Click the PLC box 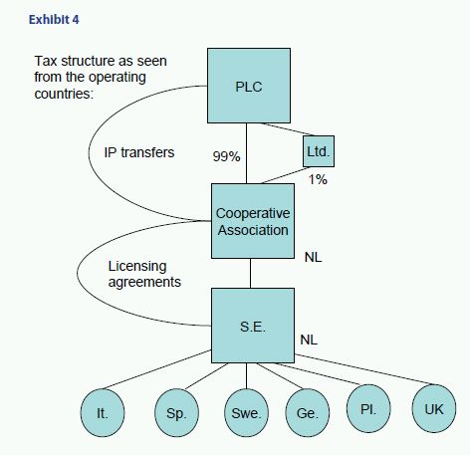click(x=249, y=86)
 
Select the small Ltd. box click(x=319, y=151)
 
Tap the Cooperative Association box click(x=253, y=221)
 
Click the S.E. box click(x=253, y=326)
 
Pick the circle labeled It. click(x=103, y=413)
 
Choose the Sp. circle click(x=176, y=413)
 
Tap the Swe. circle click(x=246, y=413)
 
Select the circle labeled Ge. click(x=308, y=413)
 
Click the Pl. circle click(x=368, y=408)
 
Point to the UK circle click(x=434, y=408)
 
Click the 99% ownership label click(x=226, y=156)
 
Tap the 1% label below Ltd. click(x=318, y=179)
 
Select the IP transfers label click(x=139, y=152)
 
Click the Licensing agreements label click(x=144, y=274)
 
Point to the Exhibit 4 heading click(x=54, y=20)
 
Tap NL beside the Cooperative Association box click(x=313, y=257)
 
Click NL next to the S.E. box click(x=309, y=340)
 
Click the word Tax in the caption click(x=47, y=61)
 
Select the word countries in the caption click(x=63, y=94)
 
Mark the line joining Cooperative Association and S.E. click(x=250, y=274)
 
